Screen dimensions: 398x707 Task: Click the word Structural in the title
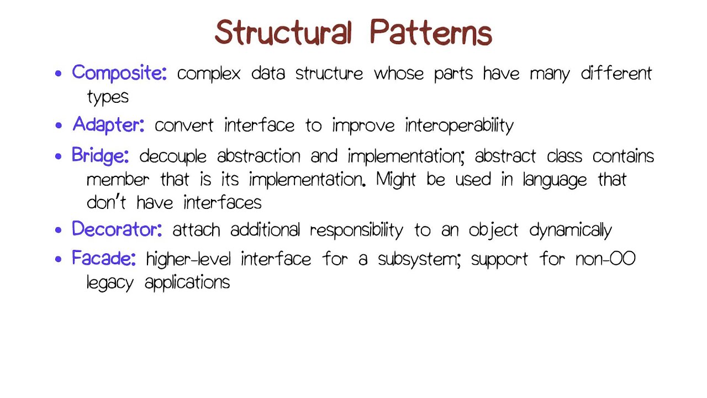coord(283,33)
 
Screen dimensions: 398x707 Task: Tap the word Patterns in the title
coord(431,33)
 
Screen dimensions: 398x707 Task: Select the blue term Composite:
coord(119,73)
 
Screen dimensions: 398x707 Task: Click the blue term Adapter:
coord(108,124)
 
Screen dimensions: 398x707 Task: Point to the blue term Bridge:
coord(100,156)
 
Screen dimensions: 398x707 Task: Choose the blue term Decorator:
coord(117,229)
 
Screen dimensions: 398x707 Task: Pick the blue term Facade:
coord(104,258)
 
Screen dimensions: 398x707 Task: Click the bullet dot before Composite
coord(59,74)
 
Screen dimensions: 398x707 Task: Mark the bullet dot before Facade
coord(59,259)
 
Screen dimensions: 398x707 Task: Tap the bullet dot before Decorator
coord(59,231)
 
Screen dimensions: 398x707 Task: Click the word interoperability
coord(459,125)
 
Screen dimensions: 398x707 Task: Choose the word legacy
coord(110,283)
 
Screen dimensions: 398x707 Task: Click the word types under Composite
coord(108,97)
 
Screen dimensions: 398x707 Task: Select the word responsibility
coord(356,231)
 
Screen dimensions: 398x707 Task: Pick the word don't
coord(107,202)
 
